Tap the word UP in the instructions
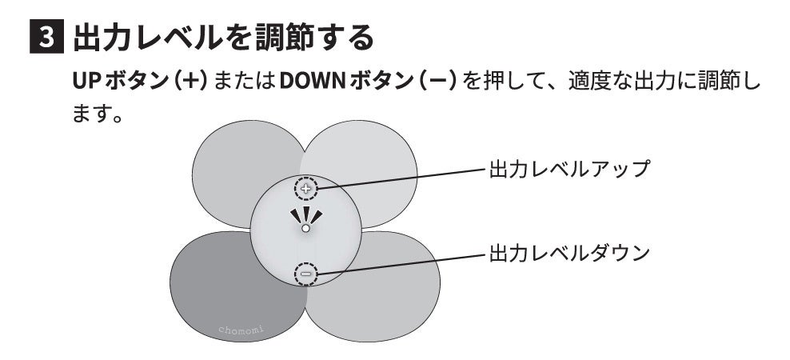[85, 83]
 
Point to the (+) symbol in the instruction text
[193, 83]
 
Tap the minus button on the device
[305, 274]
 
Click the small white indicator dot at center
[305, 228]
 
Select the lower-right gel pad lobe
[384, 292]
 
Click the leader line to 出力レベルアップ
[400, 178]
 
